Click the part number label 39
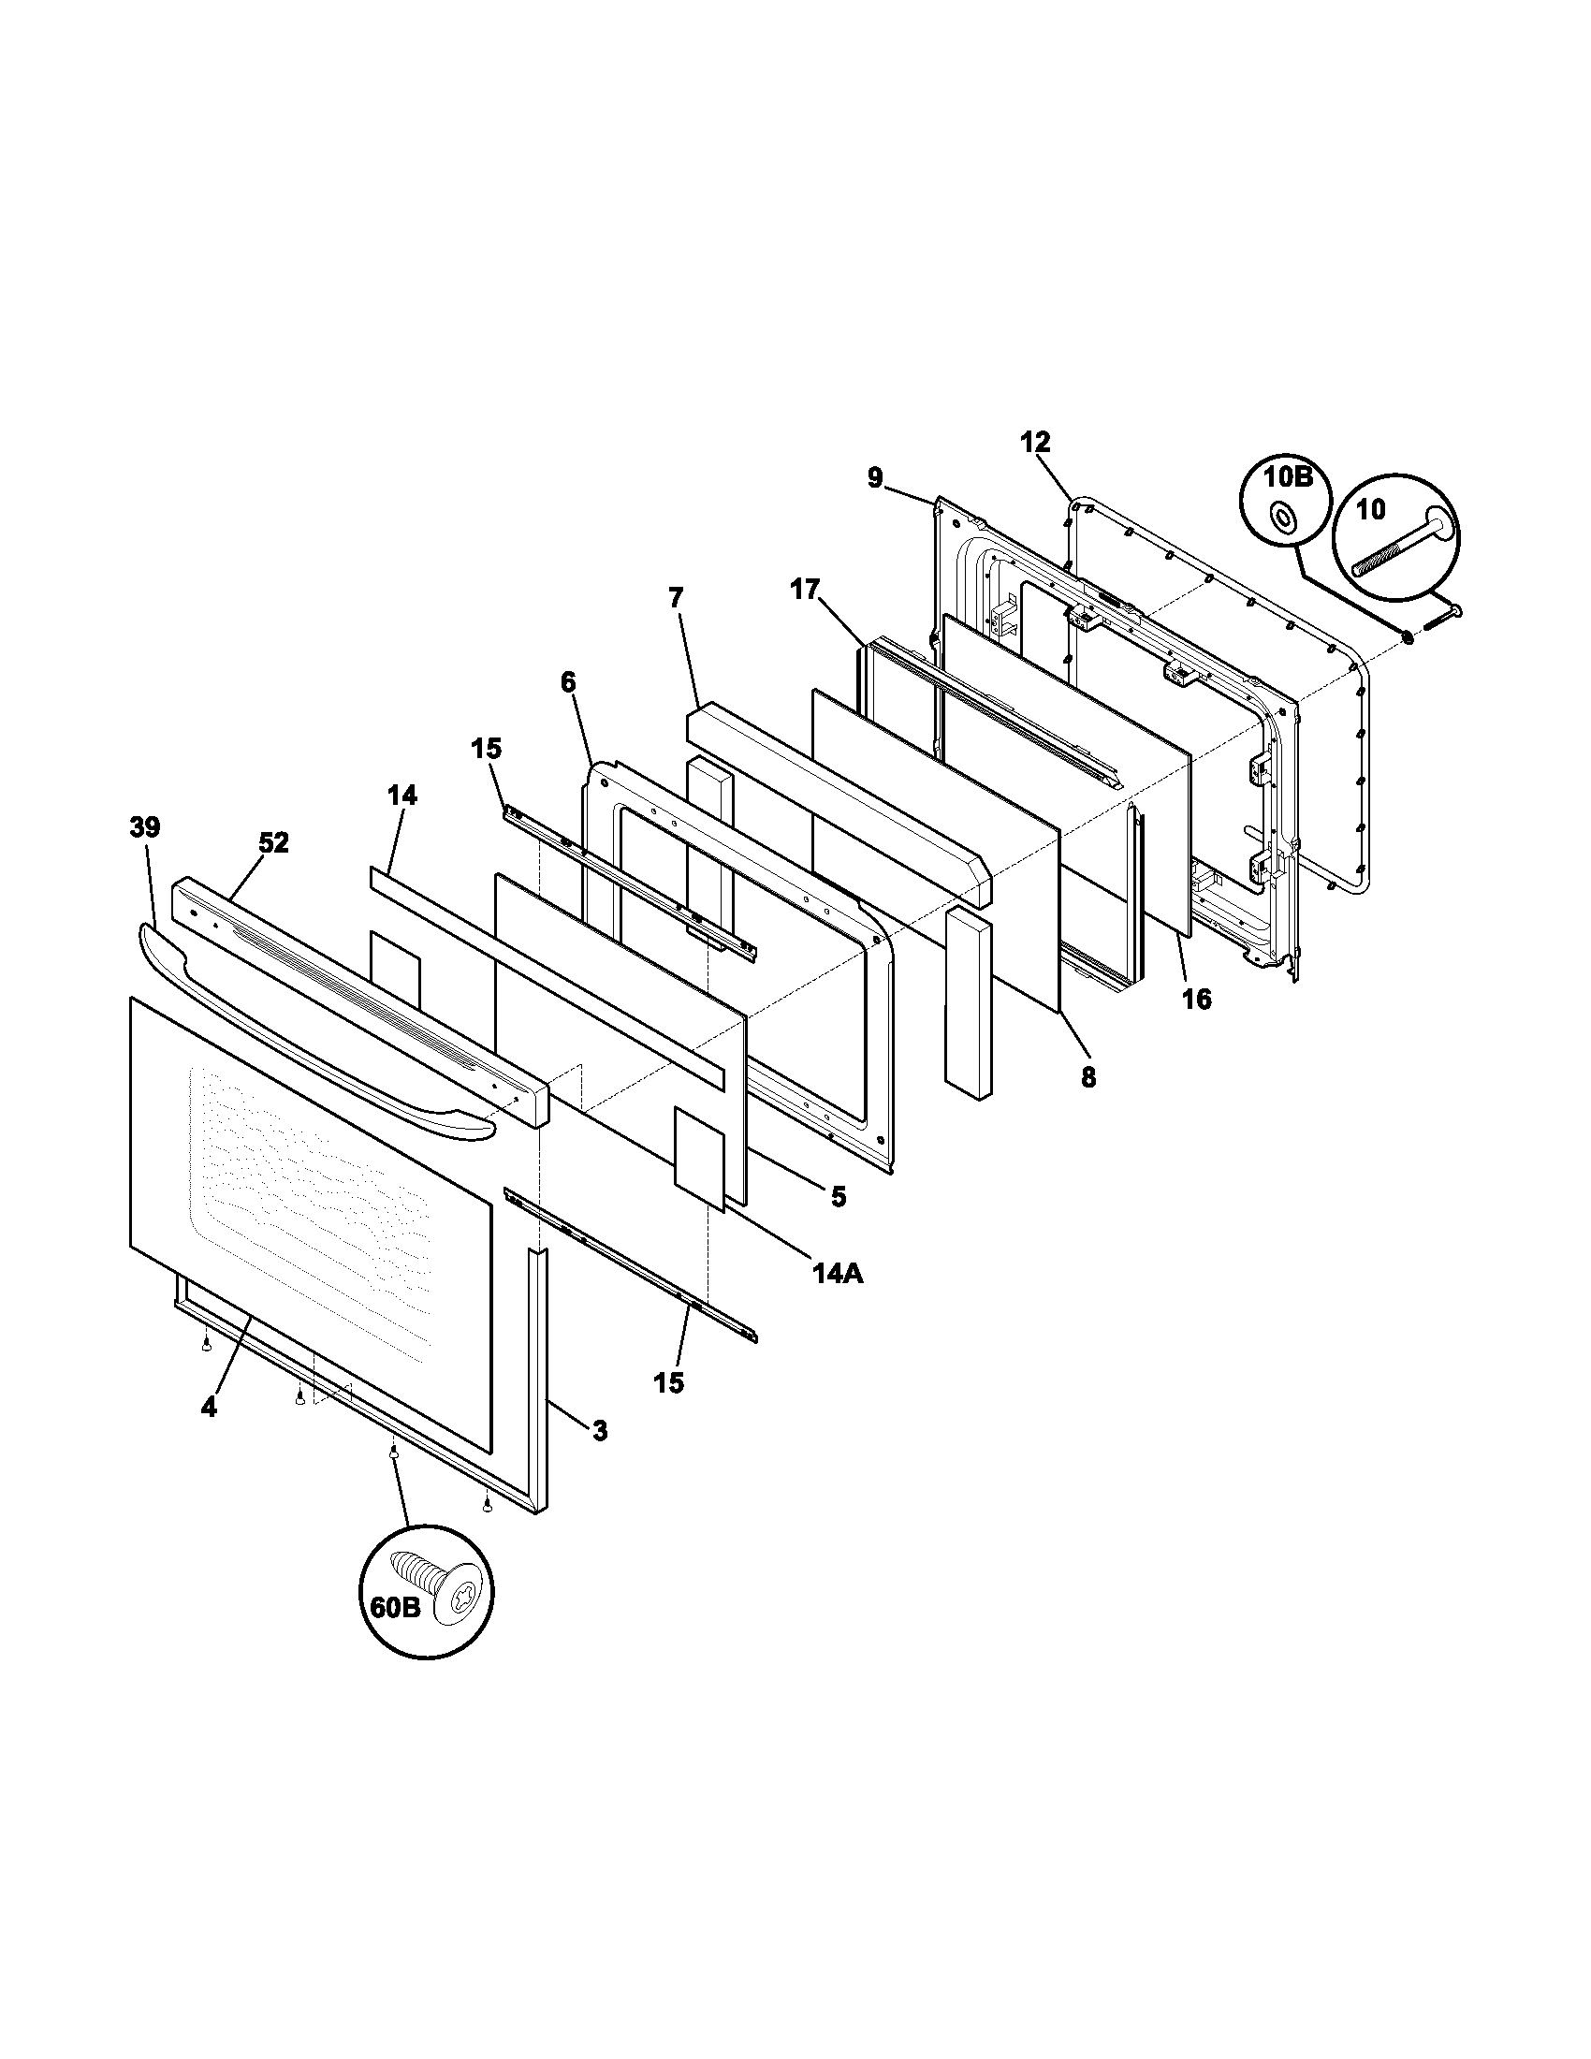(x=144, y=827)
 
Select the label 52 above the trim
(x=273, y=843)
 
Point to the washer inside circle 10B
(x=1282, y=516)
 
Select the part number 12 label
(x=1035, y=442)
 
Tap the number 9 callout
(x=876, y=479)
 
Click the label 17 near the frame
(x=807, y=591)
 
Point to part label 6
(x=567, y=681)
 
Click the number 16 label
(x=1196, y=1000)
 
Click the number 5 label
(x=838, y=1196)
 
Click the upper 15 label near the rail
(x=487, y=749)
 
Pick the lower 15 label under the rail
(x=669, y=1383)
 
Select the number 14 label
(x=401, y=795)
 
